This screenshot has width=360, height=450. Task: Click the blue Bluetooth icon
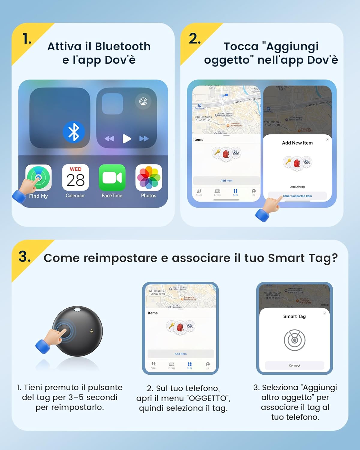tap(74, 132)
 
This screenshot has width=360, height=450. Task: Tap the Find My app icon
tap(38, 178)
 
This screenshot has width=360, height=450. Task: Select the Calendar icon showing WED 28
tap(75, 178)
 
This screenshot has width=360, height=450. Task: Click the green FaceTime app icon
tap(112, 178)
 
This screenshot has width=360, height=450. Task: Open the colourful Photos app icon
tap(149, 178)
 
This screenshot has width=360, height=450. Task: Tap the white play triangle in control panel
tap(127, 139)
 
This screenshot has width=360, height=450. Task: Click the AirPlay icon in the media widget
tap(143, 102)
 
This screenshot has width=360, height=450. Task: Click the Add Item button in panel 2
tap(226, 181)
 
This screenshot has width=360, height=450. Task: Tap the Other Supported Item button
tap(297, 196)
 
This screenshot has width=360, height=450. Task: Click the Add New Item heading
tap(297, 143)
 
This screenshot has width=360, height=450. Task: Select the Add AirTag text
tap(297, 187)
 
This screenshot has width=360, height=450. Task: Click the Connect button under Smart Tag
tap(295, 365)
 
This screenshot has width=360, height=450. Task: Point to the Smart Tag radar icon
tap(295, 340)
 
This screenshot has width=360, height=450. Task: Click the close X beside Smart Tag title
tap(324, 313)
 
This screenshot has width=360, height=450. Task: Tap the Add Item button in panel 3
tap(181, 354)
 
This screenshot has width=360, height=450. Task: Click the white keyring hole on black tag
tap(77, 309)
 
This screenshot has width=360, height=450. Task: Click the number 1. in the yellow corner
tap(27, 39)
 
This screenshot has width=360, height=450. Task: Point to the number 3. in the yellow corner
tap(25, 257)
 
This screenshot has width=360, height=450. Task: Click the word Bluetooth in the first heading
tap(123, 46)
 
